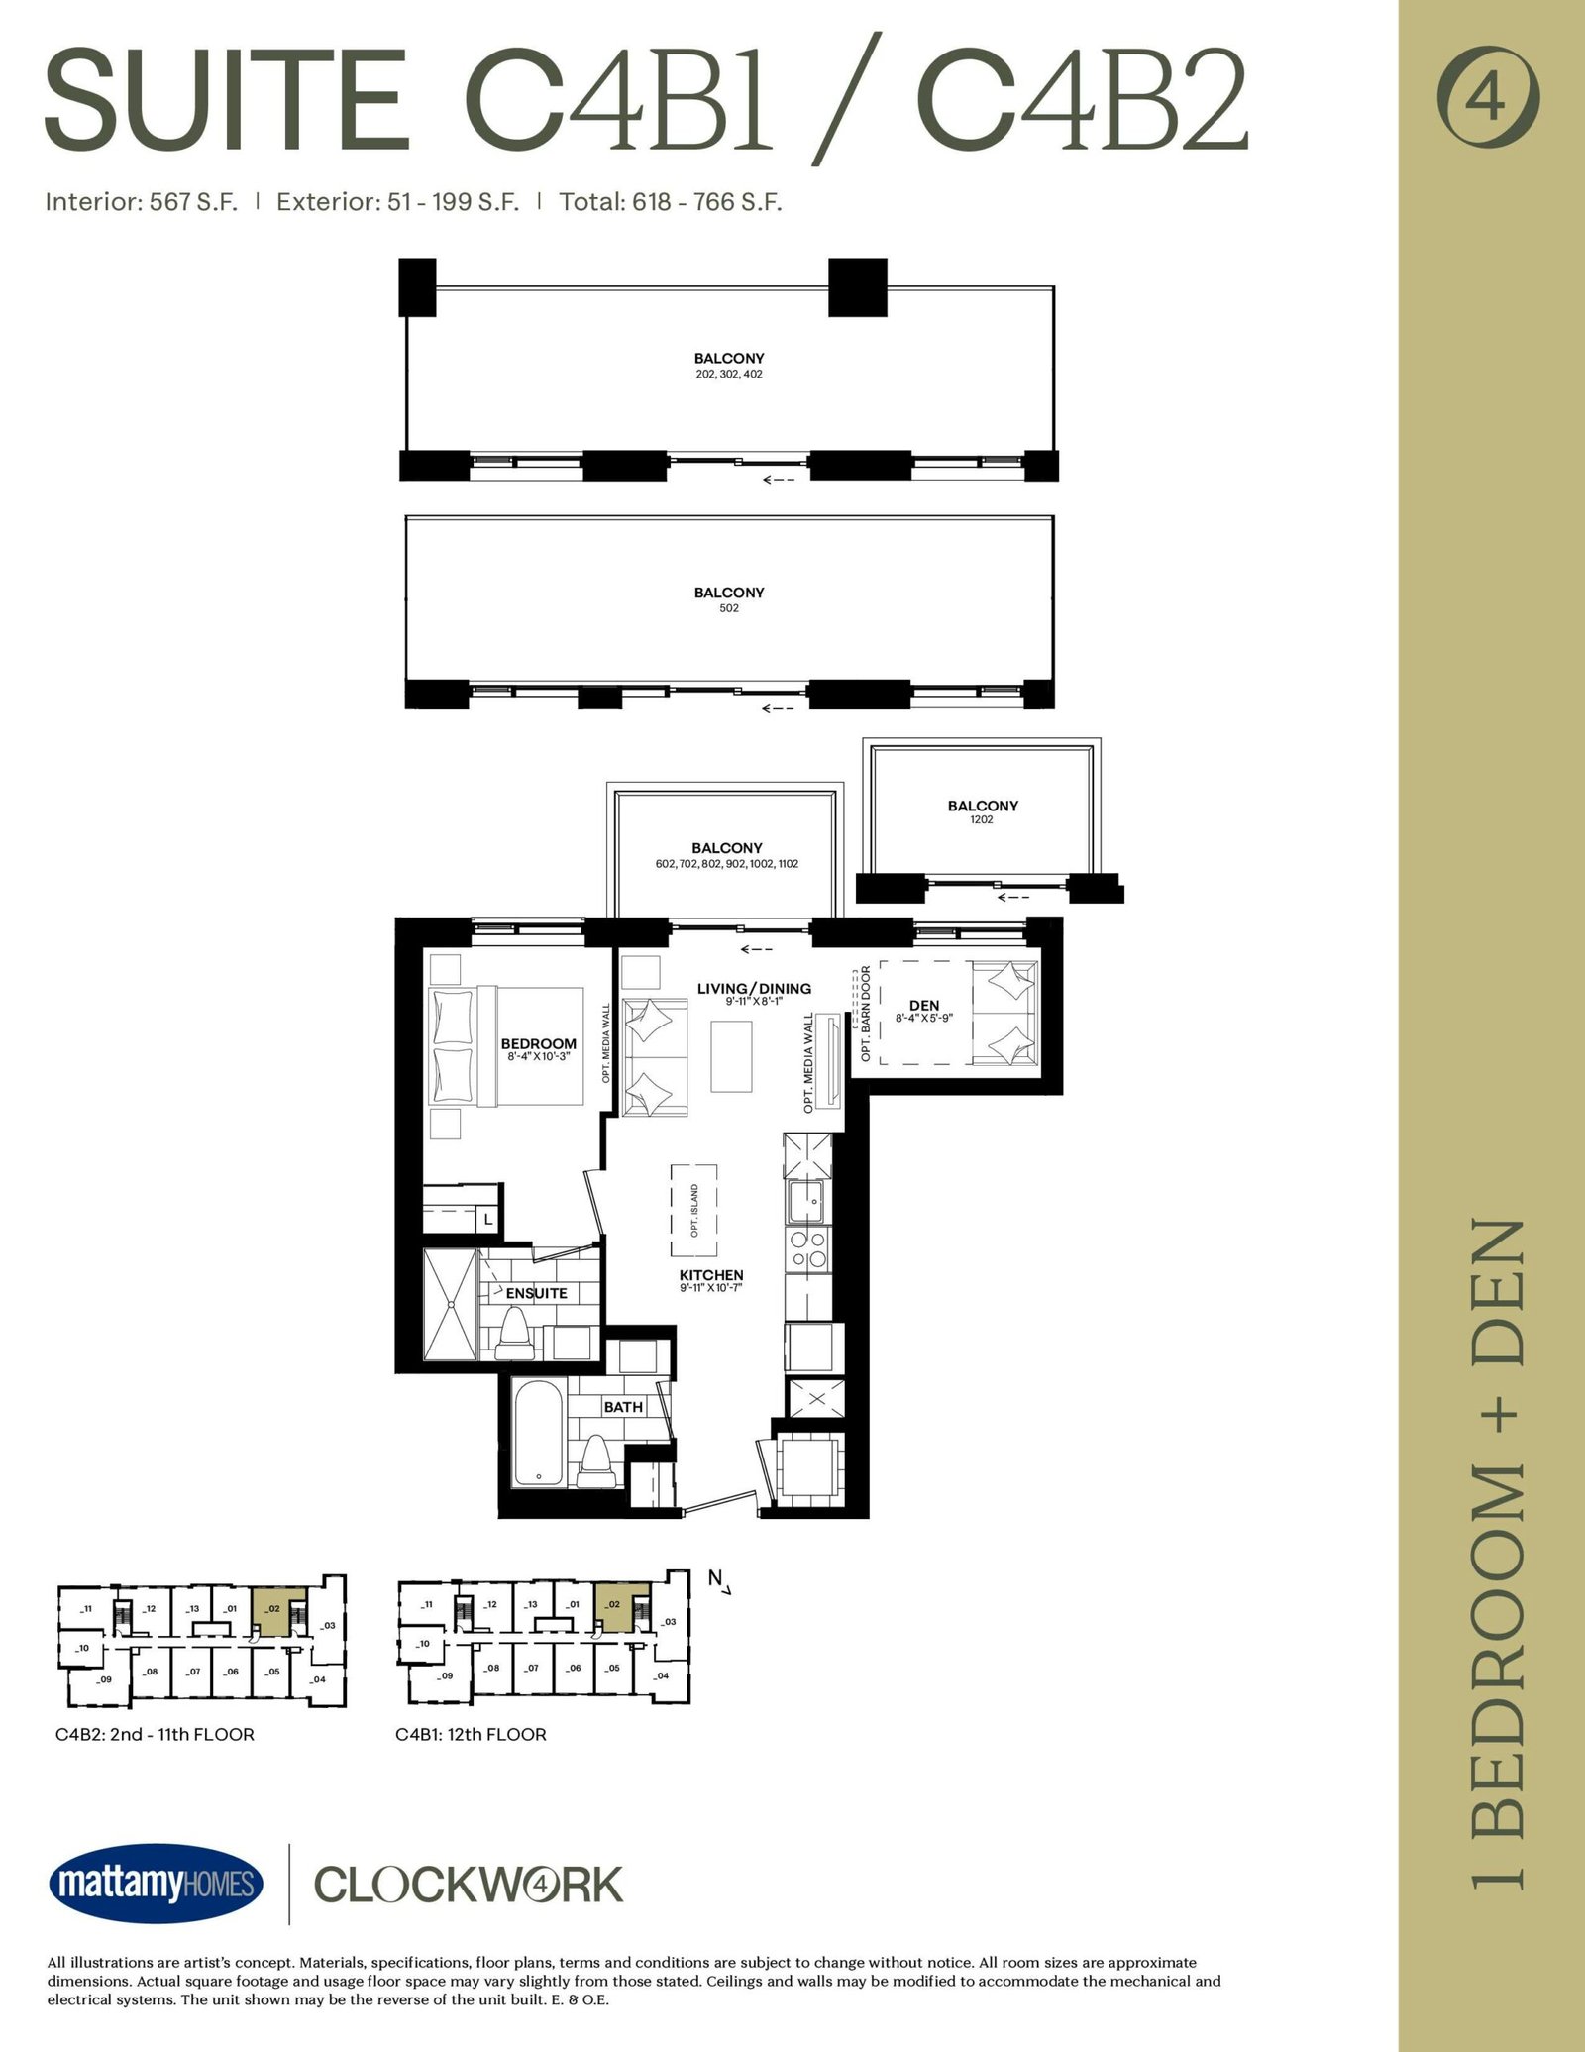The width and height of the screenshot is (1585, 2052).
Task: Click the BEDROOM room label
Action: tap(538, 1043)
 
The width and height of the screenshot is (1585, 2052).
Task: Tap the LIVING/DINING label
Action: tap(754, 988)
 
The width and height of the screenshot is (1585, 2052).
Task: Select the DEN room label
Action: tap(923, 1005)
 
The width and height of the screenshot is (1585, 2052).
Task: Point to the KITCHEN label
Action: tap(711, 1275)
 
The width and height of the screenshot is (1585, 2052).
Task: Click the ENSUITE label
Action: tap(536, 1293)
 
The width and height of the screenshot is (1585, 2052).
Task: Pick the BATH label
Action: tap(623, 1407)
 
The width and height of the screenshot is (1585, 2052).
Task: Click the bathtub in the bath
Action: tap(539, 1433)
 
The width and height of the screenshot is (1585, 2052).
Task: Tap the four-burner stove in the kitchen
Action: tap(807, 1250)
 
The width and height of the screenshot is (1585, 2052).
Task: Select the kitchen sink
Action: tap(807, 1201)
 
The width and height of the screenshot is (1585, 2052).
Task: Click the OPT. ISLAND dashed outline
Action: tap(693, 1211)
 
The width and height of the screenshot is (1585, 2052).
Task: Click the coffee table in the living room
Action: tap(731, 1056)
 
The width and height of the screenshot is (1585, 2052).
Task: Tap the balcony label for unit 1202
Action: tap(983, 811)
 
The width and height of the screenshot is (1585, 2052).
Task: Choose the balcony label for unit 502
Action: tap(729, 599)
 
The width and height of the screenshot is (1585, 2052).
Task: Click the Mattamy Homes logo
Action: tap(156, 1884)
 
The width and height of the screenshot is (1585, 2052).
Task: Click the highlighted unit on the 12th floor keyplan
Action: tap(613, 1607)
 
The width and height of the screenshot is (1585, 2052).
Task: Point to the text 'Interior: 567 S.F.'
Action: tap(142, 202)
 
